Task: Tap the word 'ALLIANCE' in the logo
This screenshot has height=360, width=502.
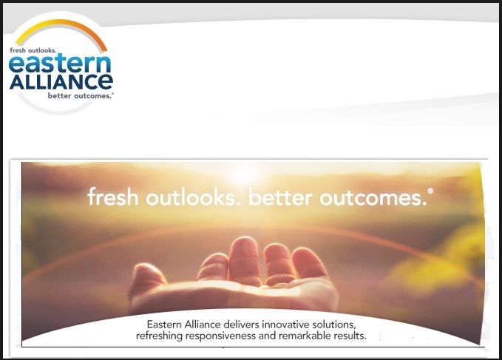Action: click(x=61, y=81)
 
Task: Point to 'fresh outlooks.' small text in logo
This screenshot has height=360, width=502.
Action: click(x=33, y=50)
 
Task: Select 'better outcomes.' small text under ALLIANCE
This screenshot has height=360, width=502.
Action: click(x=81, y=95)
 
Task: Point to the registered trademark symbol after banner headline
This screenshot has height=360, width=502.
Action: click(x=430, y=191)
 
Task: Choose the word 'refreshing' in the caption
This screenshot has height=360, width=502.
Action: click(x=160, y=336)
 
